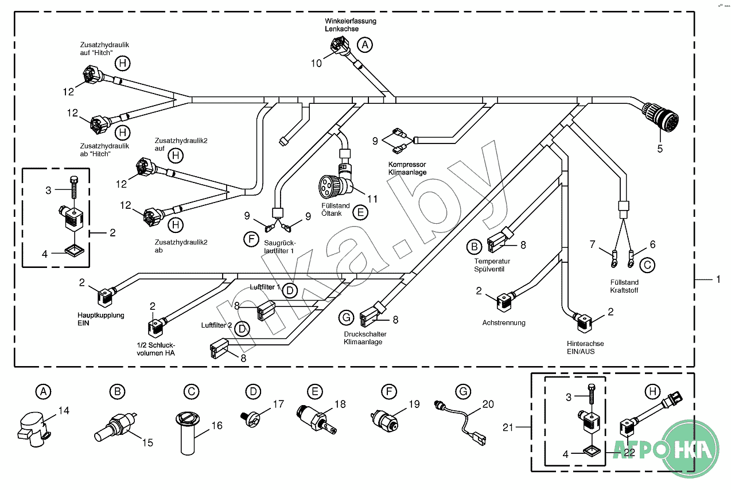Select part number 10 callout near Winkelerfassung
[317, 63]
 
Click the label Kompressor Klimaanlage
[407, 168]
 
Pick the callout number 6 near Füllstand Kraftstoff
[652, 244]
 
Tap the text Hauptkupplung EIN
[101, 319]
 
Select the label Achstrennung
[504, 322]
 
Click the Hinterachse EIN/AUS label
[585, 347]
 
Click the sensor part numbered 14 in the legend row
[33, 428]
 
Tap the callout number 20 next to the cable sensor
[488, 404]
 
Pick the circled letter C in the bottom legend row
[191, 392]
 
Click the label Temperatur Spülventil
[492, 265]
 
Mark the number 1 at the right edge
[717, 279]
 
